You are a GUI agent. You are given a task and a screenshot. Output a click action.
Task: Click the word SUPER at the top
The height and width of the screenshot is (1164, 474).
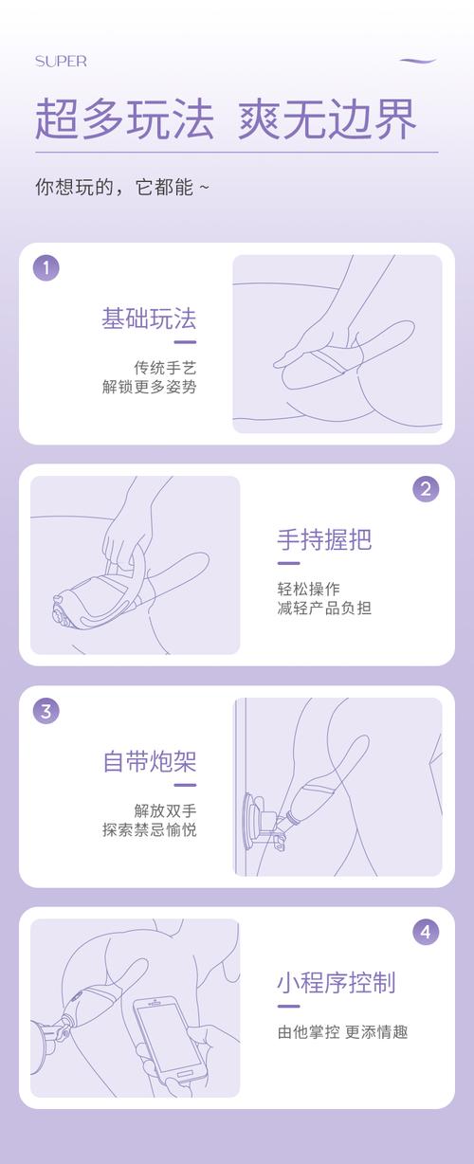[61, 62]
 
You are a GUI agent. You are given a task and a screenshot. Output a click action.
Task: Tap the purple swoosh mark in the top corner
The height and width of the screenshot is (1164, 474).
[418, 61]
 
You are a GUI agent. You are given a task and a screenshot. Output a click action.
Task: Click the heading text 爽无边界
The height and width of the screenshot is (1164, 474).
[326, 120]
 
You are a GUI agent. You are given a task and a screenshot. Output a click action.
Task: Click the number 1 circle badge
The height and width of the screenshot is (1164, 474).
[46, 267]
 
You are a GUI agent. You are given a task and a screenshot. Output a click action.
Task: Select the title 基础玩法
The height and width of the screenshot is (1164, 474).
[149, 318]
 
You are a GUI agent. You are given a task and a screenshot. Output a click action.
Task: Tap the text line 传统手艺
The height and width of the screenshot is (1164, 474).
[165, 367]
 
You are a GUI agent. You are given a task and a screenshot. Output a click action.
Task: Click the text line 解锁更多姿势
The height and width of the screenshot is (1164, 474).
[149, 387]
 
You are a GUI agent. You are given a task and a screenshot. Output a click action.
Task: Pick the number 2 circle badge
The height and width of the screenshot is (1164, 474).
[426, 489]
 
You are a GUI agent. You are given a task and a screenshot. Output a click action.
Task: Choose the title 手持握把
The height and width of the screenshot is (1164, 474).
[324, 539]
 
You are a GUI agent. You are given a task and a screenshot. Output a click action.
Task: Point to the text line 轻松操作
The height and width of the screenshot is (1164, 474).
[309, 588]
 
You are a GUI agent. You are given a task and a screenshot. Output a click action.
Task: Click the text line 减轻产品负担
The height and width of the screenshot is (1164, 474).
[324, 608]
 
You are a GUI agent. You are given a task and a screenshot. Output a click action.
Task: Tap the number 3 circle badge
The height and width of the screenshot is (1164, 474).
[46, 710]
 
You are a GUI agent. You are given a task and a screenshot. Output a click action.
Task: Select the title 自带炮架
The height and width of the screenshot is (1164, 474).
[149, 761]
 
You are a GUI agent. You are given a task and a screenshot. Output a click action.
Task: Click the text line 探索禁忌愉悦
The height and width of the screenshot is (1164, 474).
[149, 830]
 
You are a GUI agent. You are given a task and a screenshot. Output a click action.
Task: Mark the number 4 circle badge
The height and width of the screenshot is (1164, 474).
[426, 932]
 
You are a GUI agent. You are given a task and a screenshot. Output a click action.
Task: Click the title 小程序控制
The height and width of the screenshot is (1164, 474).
[336, 982]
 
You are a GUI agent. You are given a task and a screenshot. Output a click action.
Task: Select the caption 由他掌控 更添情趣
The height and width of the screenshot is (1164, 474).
[342, 1032]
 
